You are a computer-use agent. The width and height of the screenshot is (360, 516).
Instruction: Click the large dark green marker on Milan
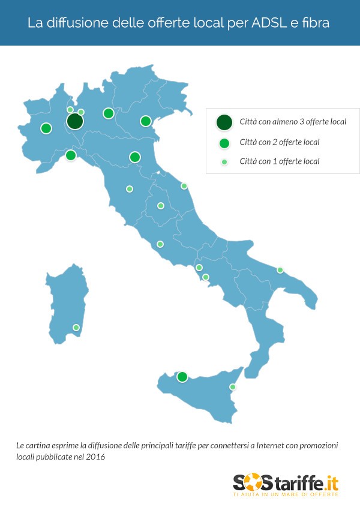74,122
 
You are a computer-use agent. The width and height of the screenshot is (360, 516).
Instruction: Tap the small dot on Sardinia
76,328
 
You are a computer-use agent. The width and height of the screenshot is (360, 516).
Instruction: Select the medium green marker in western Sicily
182,377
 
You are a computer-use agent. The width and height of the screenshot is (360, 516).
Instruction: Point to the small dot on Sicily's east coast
233,387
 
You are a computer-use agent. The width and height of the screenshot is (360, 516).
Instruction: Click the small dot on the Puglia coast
280,270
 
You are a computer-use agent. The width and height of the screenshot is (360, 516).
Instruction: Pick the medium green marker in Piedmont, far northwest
46,128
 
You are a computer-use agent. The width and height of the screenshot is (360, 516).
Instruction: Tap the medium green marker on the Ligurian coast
70,155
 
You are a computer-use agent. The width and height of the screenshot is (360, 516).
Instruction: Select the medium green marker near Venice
145,121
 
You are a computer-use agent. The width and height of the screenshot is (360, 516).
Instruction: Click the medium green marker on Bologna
135,157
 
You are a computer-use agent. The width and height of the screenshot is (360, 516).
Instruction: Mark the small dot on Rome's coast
160,244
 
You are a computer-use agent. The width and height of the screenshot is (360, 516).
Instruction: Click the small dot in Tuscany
130,189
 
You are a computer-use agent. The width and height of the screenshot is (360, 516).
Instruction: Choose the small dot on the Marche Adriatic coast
184,186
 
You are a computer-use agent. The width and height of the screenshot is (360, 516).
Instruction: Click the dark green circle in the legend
224,122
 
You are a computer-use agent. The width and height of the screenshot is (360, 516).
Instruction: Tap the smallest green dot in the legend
224,161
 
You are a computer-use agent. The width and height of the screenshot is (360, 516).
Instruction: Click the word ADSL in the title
265,23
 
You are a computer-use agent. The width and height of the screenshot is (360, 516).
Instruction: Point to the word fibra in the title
316,23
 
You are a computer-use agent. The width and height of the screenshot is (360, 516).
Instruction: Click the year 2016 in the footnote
96,457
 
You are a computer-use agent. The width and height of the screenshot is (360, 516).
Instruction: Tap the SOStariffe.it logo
286,485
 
